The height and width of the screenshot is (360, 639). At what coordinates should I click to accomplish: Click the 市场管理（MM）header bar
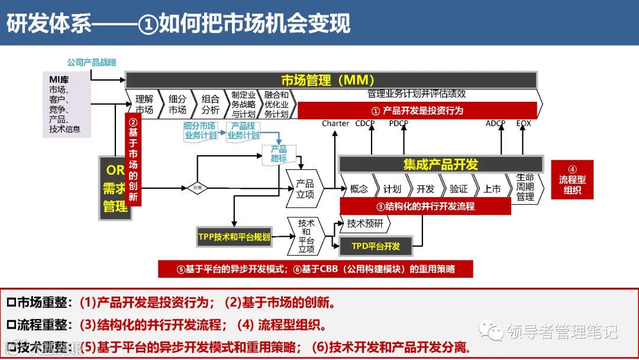pyautogui.click(x=331, y=80)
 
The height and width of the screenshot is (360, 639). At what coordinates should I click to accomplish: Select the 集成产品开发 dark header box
pyautogui.click(x=440, y=164)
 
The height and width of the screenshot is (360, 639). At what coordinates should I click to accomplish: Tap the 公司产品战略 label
pyautogui.click(x=92, y=62)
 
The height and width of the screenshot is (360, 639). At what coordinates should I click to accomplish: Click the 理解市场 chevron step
pyautogui.click(x=144, y=104)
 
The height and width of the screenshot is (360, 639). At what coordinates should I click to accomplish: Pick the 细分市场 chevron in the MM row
pyautogui.click(x=177, y=104)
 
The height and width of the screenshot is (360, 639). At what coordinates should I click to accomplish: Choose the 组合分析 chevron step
pyautogui.click(x=210, y=104)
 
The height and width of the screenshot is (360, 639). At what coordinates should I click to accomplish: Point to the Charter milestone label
pyautogui.click(x=335, y=123)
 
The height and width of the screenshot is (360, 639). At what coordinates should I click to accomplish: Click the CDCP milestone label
pyautogui.click(x=364, y=123)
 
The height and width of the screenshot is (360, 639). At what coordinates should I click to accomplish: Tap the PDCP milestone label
pyautogui.click(x=399, y=123)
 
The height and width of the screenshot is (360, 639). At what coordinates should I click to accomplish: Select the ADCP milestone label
pyautogui.click(x=495, y=123)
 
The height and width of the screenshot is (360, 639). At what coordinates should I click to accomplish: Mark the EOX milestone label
pyautogui.click(x=524, y=123)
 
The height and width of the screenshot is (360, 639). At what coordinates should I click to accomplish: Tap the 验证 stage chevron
pyautogui.click(x=459, y=189)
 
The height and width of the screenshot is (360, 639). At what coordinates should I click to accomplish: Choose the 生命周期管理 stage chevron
pyautogui.click(x=525, y=188)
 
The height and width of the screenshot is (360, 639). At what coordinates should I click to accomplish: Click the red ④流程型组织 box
pyautogui.click(x=572, y=179)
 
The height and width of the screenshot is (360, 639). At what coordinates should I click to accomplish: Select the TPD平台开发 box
pyautogui.click(x=376, y=246)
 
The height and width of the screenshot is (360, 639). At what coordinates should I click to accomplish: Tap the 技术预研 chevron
pyautogui.click(x=366, y=223)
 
